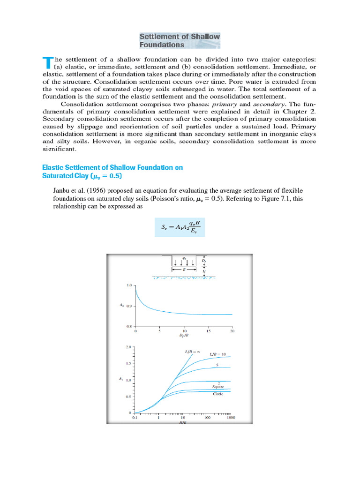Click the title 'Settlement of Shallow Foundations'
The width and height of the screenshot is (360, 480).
point(180,41)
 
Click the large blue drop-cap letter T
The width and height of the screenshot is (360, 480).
point(47,64)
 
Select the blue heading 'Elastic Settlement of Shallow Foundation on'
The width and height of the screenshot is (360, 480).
point(112,167)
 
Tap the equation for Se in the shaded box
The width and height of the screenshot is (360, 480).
point(180,229)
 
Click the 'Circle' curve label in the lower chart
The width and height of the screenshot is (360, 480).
point(218,394)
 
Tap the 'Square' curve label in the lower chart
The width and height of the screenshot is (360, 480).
point(219,387)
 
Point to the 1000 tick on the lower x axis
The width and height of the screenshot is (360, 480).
point(231,417)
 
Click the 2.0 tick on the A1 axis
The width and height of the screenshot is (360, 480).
point(129,347)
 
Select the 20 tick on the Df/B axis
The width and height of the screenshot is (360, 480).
point(232,331)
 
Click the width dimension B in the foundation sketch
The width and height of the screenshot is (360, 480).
point(183,270)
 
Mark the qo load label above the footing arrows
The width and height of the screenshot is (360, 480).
point(183,258)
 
